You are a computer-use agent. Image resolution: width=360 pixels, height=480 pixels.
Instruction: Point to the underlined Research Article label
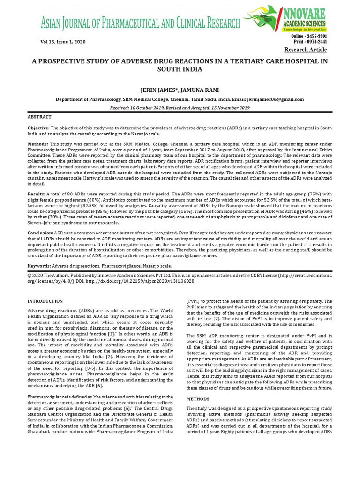pos(306,50)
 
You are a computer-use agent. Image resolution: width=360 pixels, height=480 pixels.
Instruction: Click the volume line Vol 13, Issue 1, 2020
pos(63,42)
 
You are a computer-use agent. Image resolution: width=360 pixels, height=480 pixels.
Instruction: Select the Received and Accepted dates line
pos(180,107)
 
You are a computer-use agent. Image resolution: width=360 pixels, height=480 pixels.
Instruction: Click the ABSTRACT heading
pos(39,117)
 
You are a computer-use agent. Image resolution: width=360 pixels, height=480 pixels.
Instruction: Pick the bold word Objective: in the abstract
pos(38,128)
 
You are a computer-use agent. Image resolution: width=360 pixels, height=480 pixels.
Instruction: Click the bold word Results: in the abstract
pos(36,194)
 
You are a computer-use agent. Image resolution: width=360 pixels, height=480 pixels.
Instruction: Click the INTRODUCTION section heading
pos(45,301)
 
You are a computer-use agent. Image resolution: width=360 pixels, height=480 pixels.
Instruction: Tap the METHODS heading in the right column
pos(198,398)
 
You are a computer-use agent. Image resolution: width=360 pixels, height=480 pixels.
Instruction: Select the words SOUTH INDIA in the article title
pos(180,70)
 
